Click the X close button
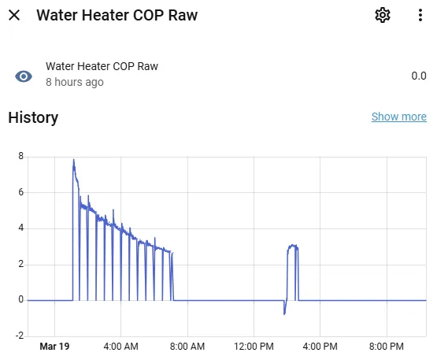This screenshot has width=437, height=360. [x=14, y=16]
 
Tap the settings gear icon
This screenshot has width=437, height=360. [x=383, y=16]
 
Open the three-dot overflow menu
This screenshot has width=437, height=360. [x=419, y=16]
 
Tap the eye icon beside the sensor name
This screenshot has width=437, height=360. [x=24, y=76]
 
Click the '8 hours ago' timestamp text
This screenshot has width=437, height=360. [x=75, y=82]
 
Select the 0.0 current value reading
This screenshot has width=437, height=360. [x=418, y=76]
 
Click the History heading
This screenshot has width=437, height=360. [x=33, y=118]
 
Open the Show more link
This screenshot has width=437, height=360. [x=398, y=117]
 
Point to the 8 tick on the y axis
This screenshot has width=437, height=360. [x=21, y=156]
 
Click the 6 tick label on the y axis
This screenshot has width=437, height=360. [x=21, y=192]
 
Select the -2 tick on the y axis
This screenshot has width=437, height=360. [x=20, y=336]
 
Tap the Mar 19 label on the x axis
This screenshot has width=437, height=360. [x=54, y=346]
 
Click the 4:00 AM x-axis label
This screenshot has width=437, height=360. [x=121, y=346]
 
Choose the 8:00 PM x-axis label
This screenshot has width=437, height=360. [x=387, y=346]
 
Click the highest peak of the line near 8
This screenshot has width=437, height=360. [x=74, y=160]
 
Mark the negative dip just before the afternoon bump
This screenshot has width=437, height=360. [x=284, y=314]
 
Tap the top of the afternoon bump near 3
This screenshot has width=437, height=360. [x=292, y=246]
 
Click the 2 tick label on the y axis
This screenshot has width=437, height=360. [x=21, y=264]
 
